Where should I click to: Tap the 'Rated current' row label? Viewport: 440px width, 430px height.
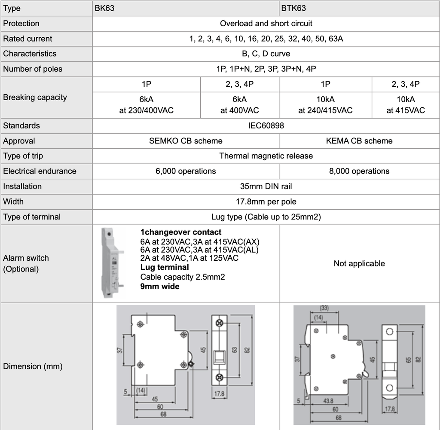(27, 39)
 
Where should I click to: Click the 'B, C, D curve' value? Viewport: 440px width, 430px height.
(266, 54)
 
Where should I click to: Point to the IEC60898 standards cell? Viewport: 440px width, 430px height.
(266, 126)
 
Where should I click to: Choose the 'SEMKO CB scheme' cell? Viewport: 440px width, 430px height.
(186, 141)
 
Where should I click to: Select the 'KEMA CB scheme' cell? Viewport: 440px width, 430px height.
(359, 141)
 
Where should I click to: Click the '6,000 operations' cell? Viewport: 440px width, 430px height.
(186, 171)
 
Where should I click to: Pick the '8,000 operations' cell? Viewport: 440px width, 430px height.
(359, 171)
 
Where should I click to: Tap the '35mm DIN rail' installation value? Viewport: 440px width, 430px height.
(266, 186)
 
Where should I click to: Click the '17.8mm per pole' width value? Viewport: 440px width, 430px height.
(266, 201)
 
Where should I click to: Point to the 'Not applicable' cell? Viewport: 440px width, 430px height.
(359, 263)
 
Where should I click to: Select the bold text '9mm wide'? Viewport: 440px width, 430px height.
(160, 286)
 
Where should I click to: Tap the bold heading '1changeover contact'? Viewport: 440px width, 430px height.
(181, 232)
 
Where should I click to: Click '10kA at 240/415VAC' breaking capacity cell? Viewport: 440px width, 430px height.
(325, 105)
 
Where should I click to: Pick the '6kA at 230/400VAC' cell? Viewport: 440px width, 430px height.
(147, 105)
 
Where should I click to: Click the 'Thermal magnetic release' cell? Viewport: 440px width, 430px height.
(266, 156)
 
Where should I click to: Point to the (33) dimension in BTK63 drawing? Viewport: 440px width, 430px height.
(324, 308)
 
